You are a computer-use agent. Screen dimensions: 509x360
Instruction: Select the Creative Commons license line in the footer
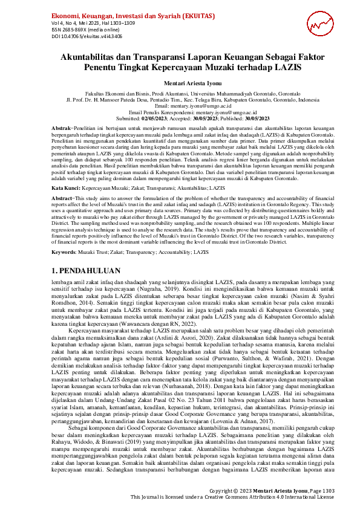[x=232, y=496]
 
